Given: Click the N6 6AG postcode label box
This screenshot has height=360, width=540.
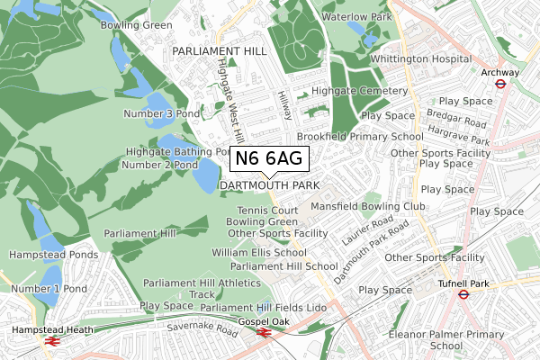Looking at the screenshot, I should [x=270, y=159].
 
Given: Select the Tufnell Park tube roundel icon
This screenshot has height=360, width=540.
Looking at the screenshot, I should [x=463, y=293].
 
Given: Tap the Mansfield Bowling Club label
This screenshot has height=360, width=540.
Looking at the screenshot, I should [x=367, y=206].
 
